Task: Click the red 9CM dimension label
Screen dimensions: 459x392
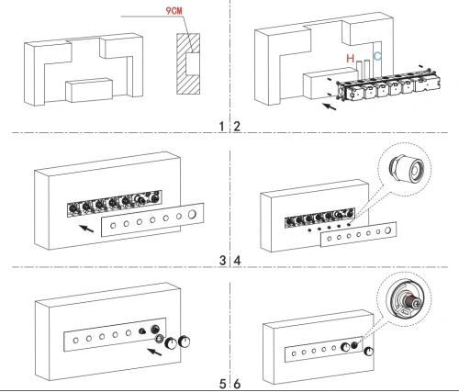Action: pyautogui.click(x=174, y=11)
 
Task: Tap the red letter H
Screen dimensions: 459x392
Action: pyautogui.click(x=350, y=58)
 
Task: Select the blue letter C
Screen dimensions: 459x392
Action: pyautogui.click(x=377, y=56)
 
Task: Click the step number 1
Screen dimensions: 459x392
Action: pyautogui.click(x=222, y=126)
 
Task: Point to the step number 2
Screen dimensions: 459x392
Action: pyautogui.click(x=237, y=126)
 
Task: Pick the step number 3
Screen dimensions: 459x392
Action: pyautogui.click(x=222, y=261)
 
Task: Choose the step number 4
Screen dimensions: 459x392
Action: pyautogui.click(x=238, y=261)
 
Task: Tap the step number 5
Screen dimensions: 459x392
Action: pyautogui.click(x=222, y=384)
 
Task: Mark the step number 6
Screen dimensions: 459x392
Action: pyautogui.click(x=238, y=384)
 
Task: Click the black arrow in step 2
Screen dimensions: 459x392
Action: pyautogui.click(x=330, y=106)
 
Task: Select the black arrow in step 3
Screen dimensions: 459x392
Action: pyautogui.click(x=86, y=229)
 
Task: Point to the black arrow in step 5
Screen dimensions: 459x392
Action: pyautogui.click(x=154, y=352)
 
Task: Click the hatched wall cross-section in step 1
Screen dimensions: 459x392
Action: pyautogui.click(x=188, y=63)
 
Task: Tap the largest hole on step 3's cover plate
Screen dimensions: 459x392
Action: pyautogui.click(x=192, y=214)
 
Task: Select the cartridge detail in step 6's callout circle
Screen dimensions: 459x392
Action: pyautogui.click(x=404, y=300)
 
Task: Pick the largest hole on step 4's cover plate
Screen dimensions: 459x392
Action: pyautogui.click(x=388, y=230)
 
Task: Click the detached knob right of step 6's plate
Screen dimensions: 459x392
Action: pyautogui.click(x=369, y=352)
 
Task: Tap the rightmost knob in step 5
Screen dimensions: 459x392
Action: pyautogui.click(x=184, y=342)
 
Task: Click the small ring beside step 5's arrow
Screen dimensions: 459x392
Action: pyautogui.click(x=160, y=339)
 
